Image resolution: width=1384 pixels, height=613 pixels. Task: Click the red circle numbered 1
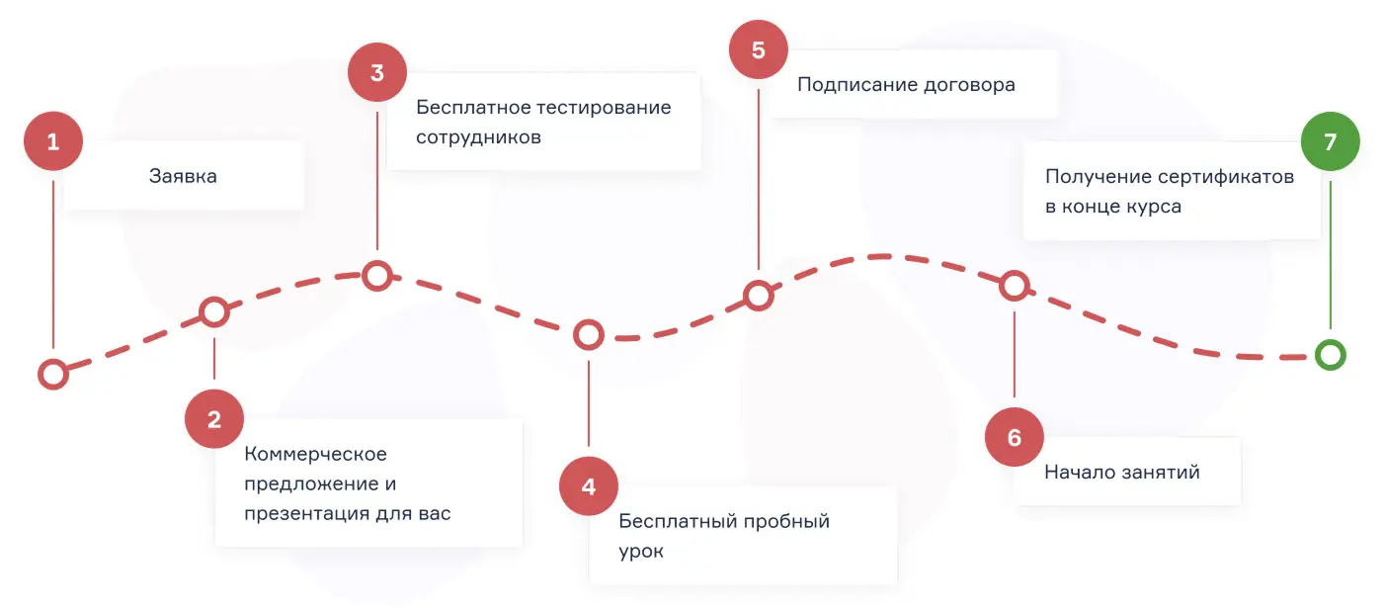(53, 142)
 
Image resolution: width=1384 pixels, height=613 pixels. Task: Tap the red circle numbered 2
(214, 419)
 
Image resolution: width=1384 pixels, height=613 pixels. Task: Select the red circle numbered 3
(377, 73)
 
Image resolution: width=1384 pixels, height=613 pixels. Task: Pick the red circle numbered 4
(589, 486)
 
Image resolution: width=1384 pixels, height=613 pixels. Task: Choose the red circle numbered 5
(759, 49)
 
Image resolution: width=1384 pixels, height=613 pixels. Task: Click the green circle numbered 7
(1330, 142)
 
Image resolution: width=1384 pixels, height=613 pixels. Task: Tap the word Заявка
(183, 176)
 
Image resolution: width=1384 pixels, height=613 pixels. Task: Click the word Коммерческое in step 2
(315, 454)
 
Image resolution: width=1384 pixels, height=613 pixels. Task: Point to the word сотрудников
(478, 137)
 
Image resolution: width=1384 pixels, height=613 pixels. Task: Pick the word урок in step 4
(641, 552)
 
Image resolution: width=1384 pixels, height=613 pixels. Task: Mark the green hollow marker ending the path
(1331, 354)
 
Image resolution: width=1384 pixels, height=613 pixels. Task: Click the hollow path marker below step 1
(52, 374)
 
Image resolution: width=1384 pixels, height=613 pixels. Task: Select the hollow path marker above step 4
(589, 335)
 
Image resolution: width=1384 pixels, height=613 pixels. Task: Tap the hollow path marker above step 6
(1014, 286)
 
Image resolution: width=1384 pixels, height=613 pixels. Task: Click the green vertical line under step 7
(1330, 252)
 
